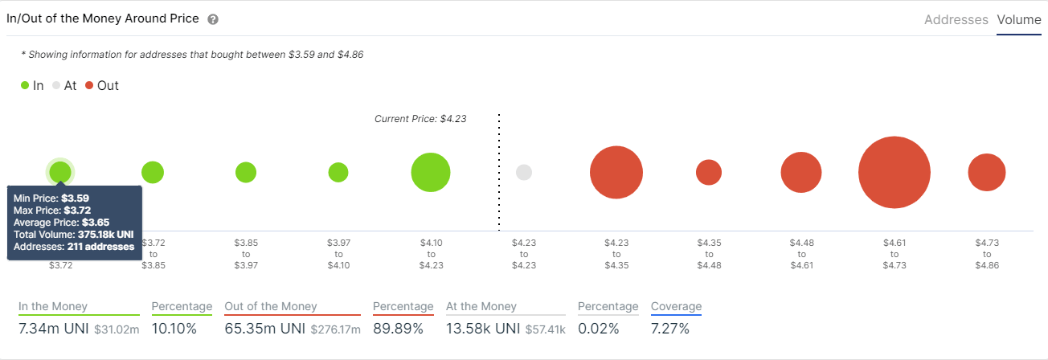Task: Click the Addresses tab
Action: click(x=956, y=20)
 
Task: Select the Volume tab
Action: click(x=1018, y=20)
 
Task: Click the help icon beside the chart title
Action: click(x=213, y=19)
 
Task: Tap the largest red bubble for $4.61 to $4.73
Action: click(x=894, y=173)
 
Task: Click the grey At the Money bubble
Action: click(x=524, y=172)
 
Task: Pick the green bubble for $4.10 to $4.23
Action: click(x=430, y=172)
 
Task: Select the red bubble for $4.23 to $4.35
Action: click(x=616, y=172)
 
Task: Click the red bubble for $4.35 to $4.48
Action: click(x=708, y=172)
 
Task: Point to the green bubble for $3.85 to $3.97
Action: click(x=246, y=172)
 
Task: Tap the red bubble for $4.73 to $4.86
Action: click(x=986, y=172)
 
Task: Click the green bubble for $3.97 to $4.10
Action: click(x=338, y=172)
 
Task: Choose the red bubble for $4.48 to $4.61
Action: click(x=800, y=172)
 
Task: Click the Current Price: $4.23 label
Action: click(x=420, y=118)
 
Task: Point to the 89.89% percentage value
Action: click(x=403, y=329)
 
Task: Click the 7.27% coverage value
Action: click(x=671, y=329)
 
